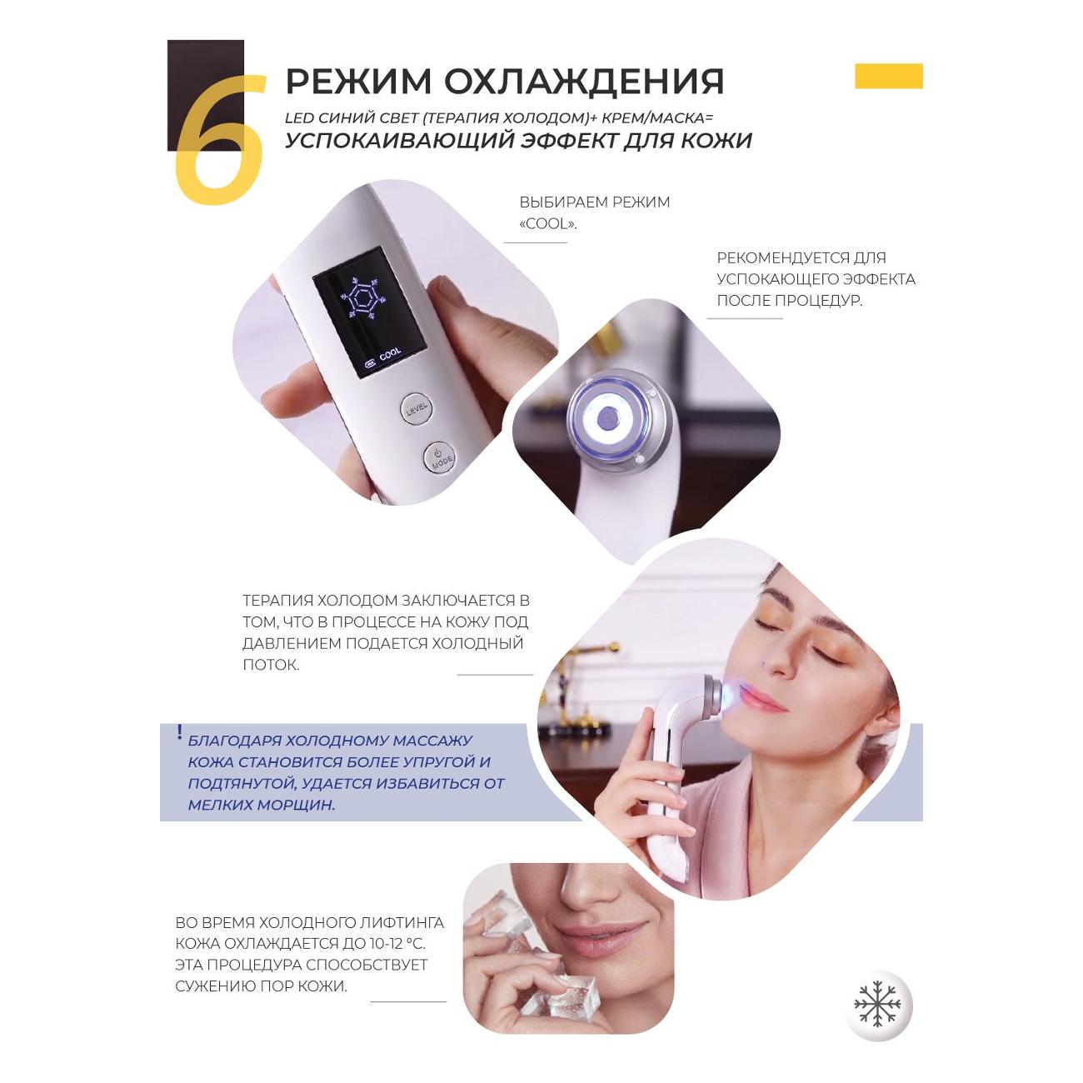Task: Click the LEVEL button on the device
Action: [417, 408]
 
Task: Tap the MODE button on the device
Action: [440, 457]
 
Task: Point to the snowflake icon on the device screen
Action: [358, 298]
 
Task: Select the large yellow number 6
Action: [220, 139]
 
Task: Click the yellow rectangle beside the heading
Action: [889, 76]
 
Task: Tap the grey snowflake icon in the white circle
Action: [877, 1005]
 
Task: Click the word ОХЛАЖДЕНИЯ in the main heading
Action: [584, 82]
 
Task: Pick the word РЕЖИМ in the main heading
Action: [358, 82]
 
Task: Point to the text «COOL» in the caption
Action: [548, 224]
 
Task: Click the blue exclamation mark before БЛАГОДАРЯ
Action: [179, 732]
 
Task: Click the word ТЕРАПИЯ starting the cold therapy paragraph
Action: [277, 600]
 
